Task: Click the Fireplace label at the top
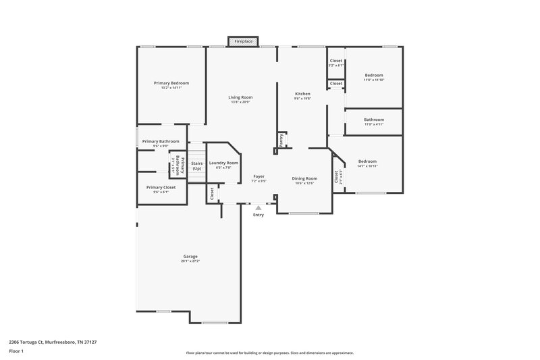tap(244, 42)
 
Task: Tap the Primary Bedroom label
tap(171, 82)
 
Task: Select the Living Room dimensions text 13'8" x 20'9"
tap(240, 102)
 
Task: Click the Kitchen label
tap(302, 93)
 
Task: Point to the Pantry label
tap(281, 138)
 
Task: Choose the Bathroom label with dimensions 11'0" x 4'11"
tap(374, 120)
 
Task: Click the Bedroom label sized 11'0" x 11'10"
tap(374, 75)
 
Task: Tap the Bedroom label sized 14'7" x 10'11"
tap(367, 161)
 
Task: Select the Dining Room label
tap(304, 178)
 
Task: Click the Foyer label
tap(259, 176)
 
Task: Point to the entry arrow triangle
tap(259, 208)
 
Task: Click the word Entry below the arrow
tap(259, 215)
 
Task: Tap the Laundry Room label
tap(223, 163)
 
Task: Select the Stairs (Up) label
tap(196, 165)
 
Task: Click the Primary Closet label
tap(161, 187)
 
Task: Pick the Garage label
tap(190, 256)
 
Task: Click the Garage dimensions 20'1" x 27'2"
tap(190, 261)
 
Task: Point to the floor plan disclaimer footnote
tap(269, 353)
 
